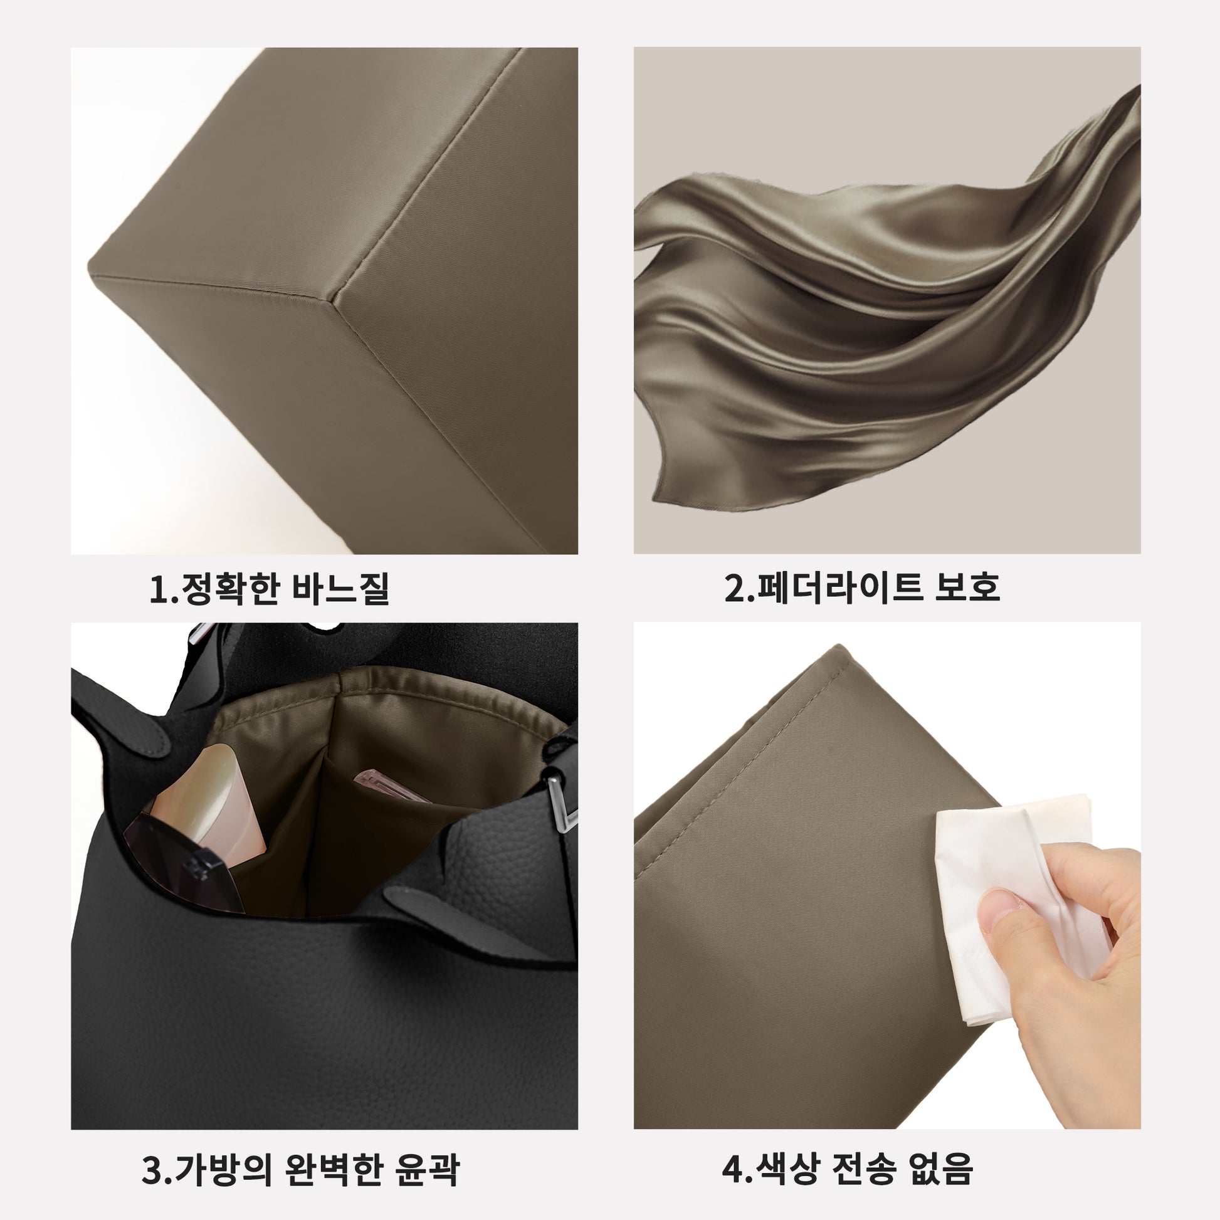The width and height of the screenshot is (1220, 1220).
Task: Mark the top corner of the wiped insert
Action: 839,645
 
